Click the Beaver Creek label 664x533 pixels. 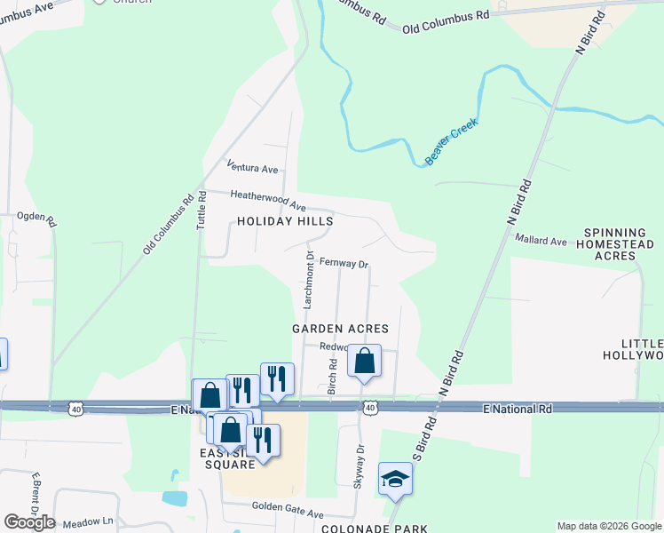point(451,141)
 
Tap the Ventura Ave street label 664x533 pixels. point(252,167)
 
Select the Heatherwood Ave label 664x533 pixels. point(268,200)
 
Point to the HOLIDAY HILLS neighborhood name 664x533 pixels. point(285,221)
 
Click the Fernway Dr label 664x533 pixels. point(344,263)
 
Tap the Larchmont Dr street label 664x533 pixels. point(310,279)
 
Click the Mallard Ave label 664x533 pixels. point(541,241)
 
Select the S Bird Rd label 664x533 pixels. point(419,453)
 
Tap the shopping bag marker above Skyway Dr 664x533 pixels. point(364,361)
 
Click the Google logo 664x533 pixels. point(29,522)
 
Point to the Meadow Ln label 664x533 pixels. point(96,521)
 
